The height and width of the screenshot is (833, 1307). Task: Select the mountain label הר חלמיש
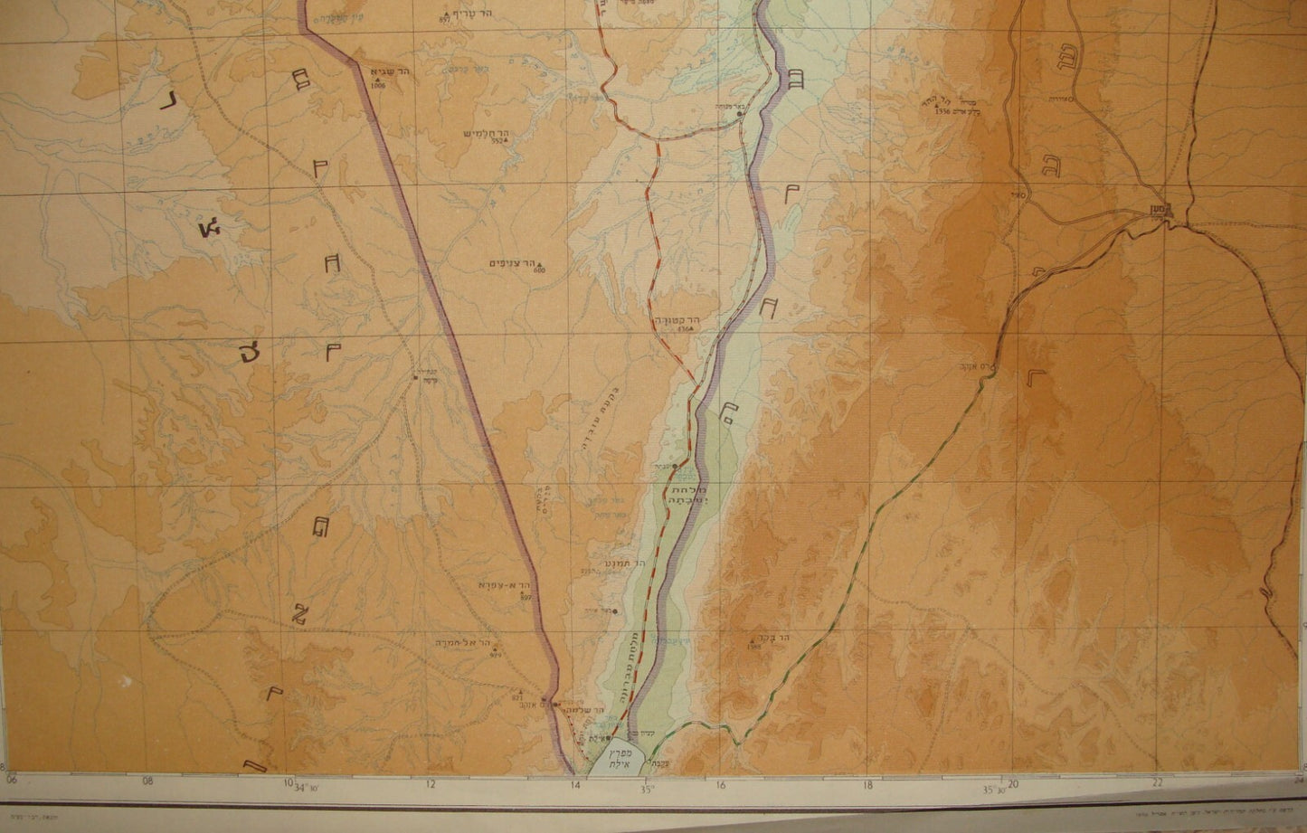[484, 133]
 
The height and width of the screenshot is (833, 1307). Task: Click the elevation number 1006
[377, 85]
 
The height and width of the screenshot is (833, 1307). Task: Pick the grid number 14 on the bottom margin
[574, 784]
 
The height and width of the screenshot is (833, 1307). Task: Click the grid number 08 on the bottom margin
[147, 781]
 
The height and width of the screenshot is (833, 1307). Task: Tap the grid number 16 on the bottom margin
[720, 784]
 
